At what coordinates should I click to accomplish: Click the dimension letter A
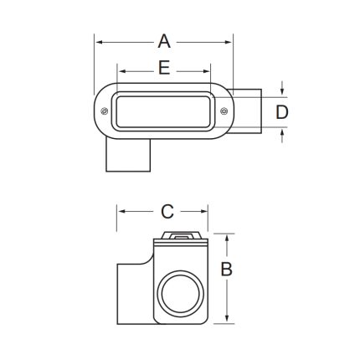tap(164, 40)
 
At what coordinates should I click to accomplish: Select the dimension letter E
tap(164, 69)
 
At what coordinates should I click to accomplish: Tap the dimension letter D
tap(282, 111)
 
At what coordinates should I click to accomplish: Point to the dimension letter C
tap(167, 211)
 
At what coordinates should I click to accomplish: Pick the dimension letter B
tap(226, 269)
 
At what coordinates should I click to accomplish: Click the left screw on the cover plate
tap(104, 111)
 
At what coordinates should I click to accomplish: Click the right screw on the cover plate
tap(224, 111)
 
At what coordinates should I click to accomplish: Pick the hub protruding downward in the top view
tap(127, 155)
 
